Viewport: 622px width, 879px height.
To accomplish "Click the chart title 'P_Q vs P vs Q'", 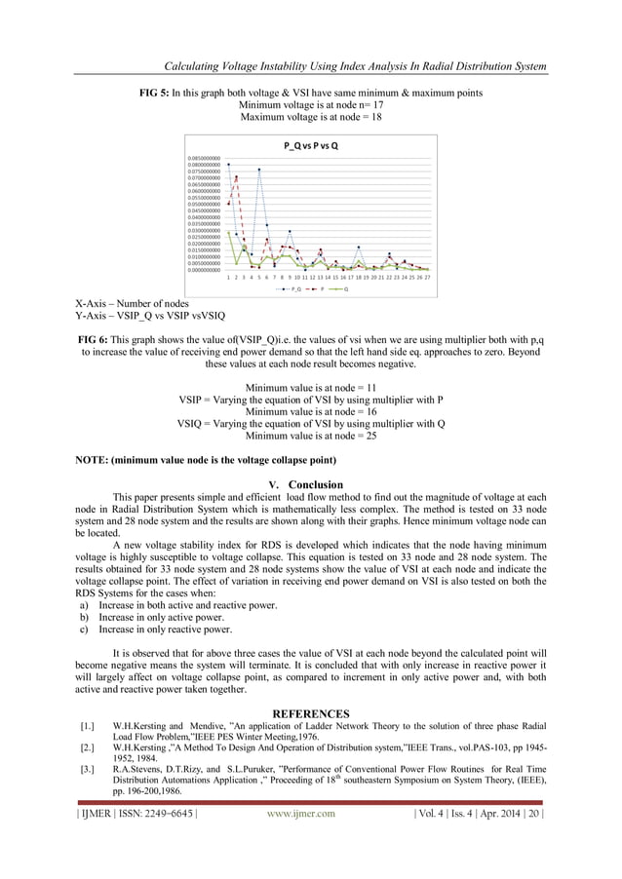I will coord(310,146).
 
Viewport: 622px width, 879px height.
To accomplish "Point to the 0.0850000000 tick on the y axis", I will coord(205,156).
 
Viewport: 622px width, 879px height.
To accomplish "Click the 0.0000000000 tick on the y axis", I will coord(205,270).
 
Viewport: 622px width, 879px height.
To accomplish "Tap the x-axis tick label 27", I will coord(428,278).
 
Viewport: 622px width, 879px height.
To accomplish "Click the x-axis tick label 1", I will coord(228,278).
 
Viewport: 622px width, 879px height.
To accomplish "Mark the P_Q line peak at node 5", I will coord(259,170).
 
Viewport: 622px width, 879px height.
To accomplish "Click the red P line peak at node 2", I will coord(236,177).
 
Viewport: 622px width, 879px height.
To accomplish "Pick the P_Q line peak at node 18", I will coord(359,248).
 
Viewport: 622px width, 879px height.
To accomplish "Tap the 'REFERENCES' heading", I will coord(310,714).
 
